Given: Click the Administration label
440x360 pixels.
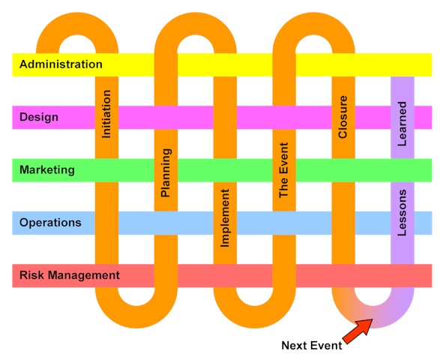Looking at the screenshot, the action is pos(61,64).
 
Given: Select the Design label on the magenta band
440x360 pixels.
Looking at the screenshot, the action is pos(39,117).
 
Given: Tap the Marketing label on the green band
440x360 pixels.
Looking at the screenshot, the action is pos(47,170).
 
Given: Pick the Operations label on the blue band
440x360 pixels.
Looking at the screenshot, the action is pos(50,223).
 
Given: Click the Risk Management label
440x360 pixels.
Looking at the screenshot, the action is pos(70,275).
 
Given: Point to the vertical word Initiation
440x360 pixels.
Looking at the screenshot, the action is pos(106,114).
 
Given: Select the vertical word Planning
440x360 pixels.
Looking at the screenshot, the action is pos(166,172).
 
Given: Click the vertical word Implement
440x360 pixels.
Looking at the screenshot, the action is pos(225,218).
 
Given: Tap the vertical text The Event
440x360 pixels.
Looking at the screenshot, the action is pos(283,170).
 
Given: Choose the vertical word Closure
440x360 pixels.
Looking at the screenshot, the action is pos(343,117).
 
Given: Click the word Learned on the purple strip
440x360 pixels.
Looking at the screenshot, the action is pos(402,124).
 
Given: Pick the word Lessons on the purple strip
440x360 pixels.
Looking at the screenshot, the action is pos(402,213).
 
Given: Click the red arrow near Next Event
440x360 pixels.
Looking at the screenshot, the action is pos(358,331).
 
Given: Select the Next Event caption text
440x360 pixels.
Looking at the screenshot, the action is pos(312,346).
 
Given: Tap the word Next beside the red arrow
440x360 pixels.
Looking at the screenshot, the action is pos(294,346).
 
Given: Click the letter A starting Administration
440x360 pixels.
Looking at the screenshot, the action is pos(23,64).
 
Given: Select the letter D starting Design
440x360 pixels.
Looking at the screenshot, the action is pos(23,117).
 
